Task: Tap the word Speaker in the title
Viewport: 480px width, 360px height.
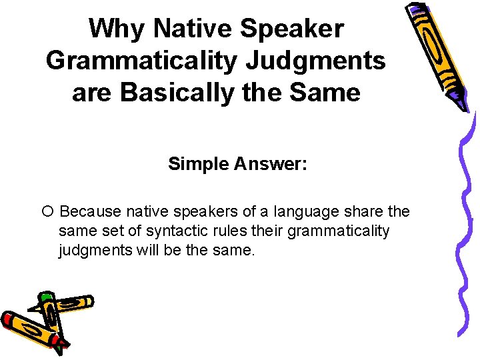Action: point(293,29)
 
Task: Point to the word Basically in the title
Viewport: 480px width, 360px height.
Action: point(189,92)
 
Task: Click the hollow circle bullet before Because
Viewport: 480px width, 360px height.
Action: point(46,212)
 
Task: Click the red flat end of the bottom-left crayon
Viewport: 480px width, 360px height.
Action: point(8,320)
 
